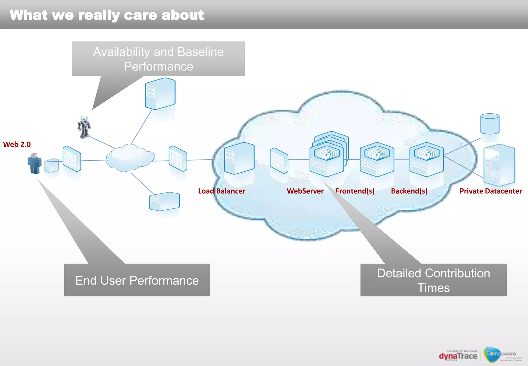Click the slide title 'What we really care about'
tap(107, 15)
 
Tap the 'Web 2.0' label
tap(17, 144)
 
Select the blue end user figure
tap(34, 163)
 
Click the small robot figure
tap(84, 127)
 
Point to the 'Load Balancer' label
tap(221, 191)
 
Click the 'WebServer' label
tap(305, 191)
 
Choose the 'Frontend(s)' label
tap(355, 191)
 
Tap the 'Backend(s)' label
tap(409, 191)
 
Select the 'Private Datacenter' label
tap(491, 191)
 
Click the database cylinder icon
tap(490, 124)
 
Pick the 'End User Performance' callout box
tap(137, 280)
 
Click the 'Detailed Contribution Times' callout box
tap(433, 280)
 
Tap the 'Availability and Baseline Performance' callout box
tap(158, 59)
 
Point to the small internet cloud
tap(130, 158)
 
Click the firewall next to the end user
tap(72, 159)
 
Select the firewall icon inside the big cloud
tap(279, 161)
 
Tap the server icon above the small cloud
tap(160, 93)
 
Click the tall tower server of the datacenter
tap(499, 165)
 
